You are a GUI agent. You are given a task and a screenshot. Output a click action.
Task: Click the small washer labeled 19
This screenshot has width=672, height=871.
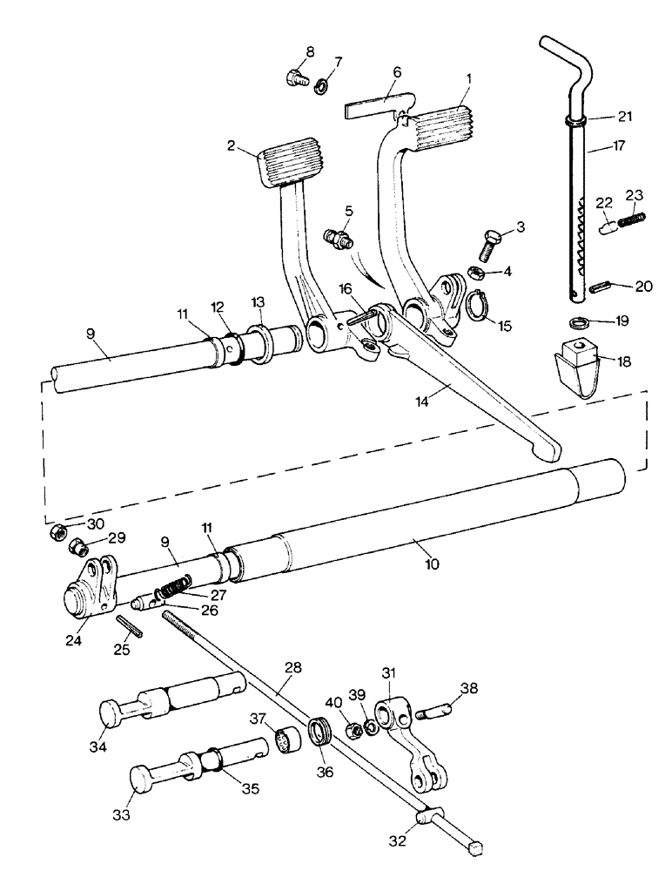click(584, 321)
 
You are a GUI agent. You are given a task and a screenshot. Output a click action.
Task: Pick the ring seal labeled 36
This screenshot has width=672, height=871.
click(319, 728)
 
